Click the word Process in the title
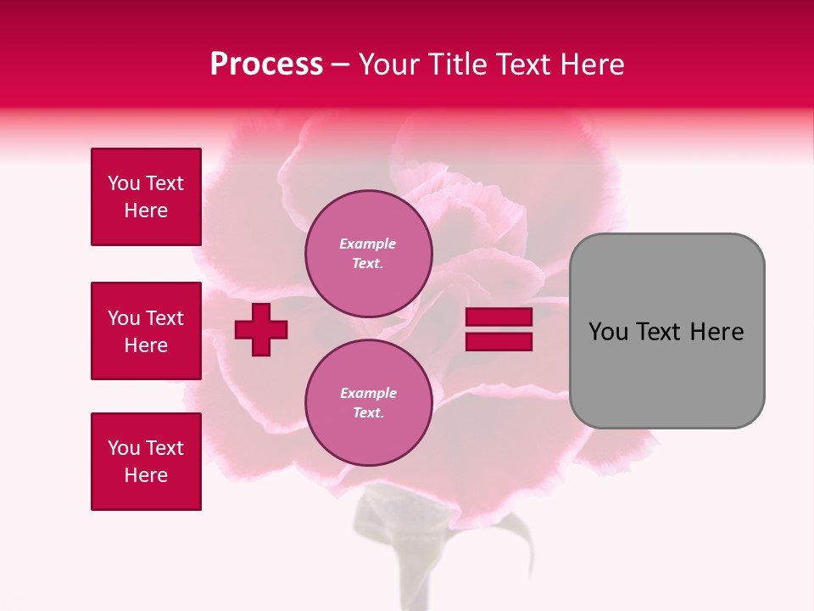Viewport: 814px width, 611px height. pyautogui.click(x=266, y=64)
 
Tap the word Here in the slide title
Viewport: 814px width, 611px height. pyautogui.click(x=588, y=64)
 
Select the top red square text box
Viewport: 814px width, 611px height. pyautogui.click(x=146, y=197)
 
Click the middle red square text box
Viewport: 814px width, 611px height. pyautogui.click(x=146, y=331)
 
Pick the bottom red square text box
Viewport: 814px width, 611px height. pyautogui.click(x=146, y=462)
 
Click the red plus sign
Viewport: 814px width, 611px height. pyautogui.click(x=261, y=329)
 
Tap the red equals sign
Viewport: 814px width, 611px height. pyautogui.click(x=499, y=329)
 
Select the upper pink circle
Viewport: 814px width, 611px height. pyautogui.click(x=368, y=253)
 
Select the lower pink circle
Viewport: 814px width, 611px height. pyautogui.click(x=368, y=402)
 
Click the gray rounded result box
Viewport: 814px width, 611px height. pyautogui.click(x=666, y=330)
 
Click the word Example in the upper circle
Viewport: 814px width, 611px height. pyautogui.click(x=367, y=244)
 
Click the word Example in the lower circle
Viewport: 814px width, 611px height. pyautogui.click(x=368, y=393)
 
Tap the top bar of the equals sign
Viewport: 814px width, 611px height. pyautogui.click(x=499, y=317)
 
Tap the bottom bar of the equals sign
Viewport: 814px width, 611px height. pyautogui.click(x=499, y=341)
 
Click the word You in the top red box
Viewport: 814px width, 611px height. pyautogui.click(x=123, y=183)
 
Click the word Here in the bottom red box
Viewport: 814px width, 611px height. pyautogui.click(x=146, y=475)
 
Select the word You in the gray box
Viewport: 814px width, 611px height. pyautogui.click(x=607, y=332)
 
